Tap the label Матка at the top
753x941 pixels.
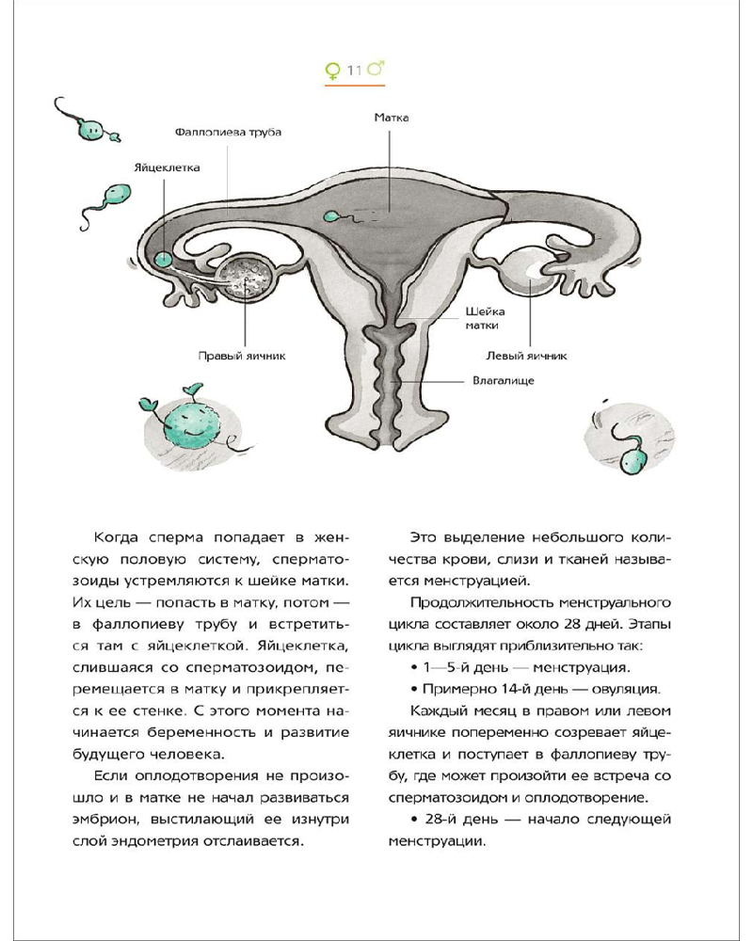click(x=392, y=119)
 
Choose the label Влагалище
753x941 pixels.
click(x=503, y=381)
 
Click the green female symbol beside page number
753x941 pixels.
click(x=332, y=70)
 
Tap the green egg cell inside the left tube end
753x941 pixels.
click(x=166, y=258)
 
